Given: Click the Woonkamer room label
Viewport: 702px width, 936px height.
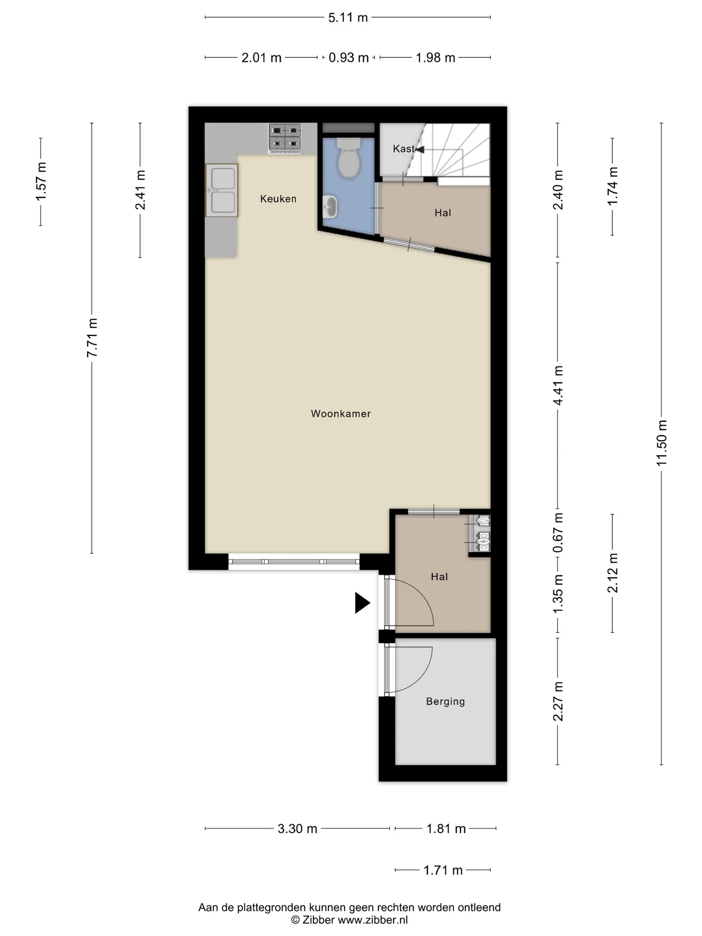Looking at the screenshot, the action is tap(340, 413).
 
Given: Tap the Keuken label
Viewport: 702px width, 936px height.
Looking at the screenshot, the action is tap(278, 199).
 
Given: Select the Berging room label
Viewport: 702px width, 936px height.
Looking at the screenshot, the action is tap(445, 701).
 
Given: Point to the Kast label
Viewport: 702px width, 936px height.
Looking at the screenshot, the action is tap(403, 149).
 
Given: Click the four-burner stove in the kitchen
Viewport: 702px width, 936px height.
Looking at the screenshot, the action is tap(285, 138).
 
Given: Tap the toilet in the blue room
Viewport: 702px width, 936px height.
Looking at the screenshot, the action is tap(349, 158).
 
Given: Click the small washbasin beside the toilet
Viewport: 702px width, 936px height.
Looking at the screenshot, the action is tap(330, 207).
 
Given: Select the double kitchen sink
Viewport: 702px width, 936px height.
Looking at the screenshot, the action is tap(222, 190).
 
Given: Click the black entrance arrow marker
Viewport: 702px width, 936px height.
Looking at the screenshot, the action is tap(362, 603).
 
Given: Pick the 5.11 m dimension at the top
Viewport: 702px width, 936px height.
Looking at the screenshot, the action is tap(348, 18).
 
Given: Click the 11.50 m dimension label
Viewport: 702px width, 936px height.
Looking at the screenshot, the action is tap(661, 443).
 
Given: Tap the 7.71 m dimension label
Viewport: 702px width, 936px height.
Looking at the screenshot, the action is tap(92, 338).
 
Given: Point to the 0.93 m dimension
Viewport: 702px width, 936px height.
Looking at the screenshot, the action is tap(348, 57).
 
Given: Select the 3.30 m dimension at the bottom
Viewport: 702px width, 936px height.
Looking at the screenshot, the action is tap(297, 828).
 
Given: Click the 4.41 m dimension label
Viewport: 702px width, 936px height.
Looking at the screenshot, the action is tap(558, 385).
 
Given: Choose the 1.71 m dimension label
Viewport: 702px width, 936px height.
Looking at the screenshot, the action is tap(443, 870).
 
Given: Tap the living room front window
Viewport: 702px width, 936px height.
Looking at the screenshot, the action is tap(294, 562).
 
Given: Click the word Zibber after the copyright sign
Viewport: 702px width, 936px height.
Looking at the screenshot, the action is tap(319, 920).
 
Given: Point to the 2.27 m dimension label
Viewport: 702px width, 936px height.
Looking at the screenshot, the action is tap(558, 701).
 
